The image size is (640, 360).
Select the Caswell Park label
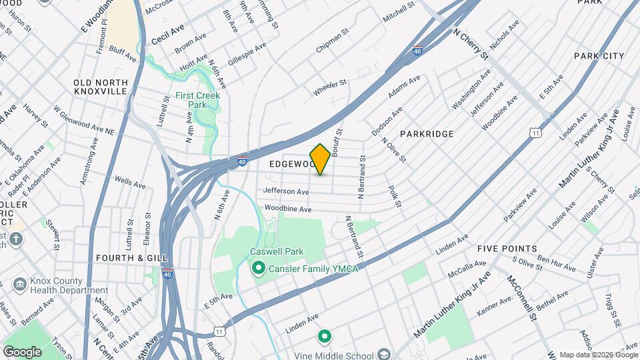click(x=277, y=252)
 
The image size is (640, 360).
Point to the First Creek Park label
click(x=194, y=100)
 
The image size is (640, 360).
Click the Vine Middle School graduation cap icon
click(x=384, y=353)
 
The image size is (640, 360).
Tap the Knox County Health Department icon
click(x=19, y=285)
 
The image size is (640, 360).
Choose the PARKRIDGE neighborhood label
click(x=427, y=134)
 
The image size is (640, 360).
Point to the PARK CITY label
click(x=599, y=56)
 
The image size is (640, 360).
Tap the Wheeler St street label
click(x=330, y=87)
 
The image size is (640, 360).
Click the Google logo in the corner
click(x=22, y=352)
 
